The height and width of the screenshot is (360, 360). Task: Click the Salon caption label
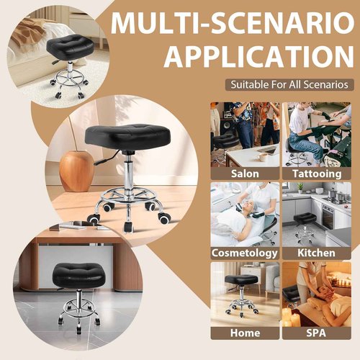(x=245, y=174)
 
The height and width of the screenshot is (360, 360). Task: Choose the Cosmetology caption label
(x=245, y=253)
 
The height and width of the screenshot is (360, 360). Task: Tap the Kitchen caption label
(x=318, y=253)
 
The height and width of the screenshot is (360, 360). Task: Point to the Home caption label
(x=245, y=333)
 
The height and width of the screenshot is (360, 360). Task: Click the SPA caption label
(x=318, y=333)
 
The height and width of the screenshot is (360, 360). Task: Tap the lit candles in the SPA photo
(x=291, y=315)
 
